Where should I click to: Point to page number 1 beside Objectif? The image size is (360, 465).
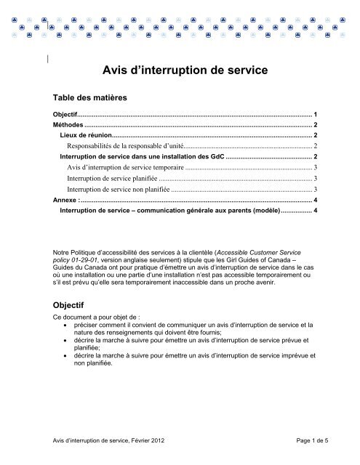[314, 116]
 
